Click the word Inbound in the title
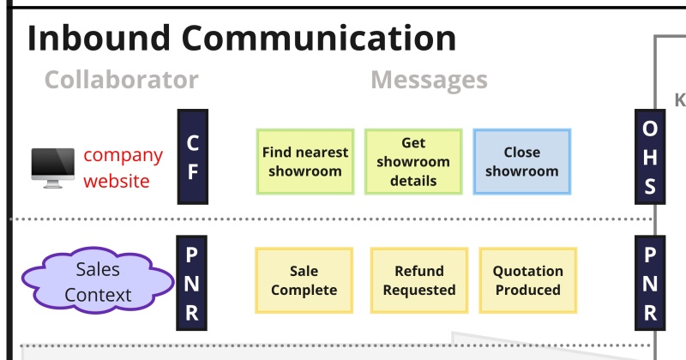click(99, 38)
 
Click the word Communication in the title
click(319, 38)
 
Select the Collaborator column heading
click(122, 80)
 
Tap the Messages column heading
click(430, 81)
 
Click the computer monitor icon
click(53, 168)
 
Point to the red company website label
click(123, 168)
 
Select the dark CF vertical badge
click(192, 157)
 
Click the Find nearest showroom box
click(305, 161)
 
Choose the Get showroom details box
click(413, 161)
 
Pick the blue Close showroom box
click(522, 161)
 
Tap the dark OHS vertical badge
click(650, 157)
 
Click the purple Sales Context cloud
click(98, 281)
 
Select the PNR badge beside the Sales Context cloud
click(191, 283)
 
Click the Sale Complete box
click(304, 280)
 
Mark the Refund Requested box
click(419, 280)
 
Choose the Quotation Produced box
click(528, 280)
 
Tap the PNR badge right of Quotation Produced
click(650, 283)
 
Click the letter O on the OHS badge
click(650, 129)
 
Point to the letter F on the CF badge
click(193, 172)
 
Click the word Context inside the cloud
click(98, 295)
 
